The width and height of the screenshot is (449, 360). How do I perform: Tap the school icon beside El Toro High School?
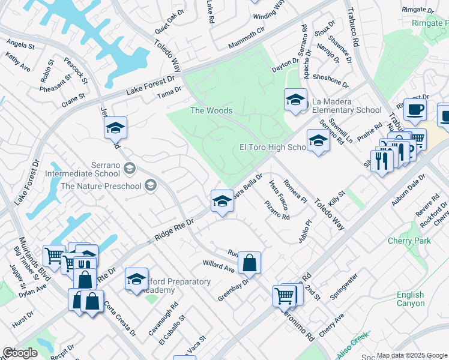(x=318, y=142)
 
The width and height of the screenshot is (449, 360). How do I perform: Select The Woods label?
(x=211, y=110)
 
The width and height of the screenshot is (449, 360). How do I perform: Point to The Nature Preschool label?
(x=101, y=185)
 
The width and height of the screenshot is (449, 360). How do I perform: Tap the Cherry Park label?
(x=409, y=241)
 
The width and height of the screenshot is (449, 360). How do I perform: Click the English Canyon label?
(x=411, y=299)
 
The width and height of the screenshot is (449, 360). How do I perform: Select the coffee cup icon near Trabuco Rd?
(x=414, y=109)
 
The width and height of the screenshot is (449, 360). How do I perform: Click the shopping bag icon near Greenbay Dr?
(x=249, y=263)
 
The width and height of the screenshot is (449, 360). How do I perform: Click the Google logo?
(x=20, y=353)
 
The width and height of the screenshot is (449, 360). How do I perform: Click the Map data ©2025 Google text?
(x=412, y=355)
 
